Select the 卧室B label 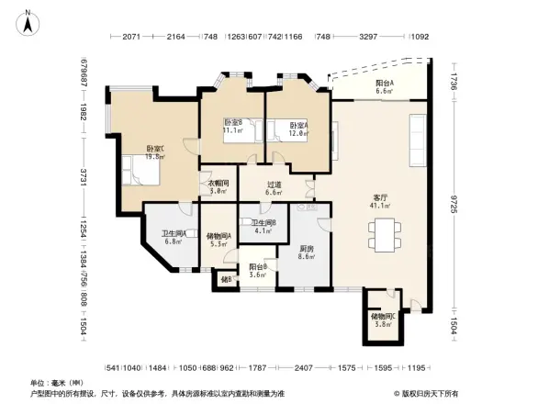(x=232, y=123)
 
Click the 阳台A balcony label (x=386, y=84)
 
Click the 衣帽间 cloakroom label (x=218, y=183)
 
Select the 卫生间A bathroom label (x=174, y=233)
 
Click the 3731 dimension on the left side (x=84, y=177)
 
